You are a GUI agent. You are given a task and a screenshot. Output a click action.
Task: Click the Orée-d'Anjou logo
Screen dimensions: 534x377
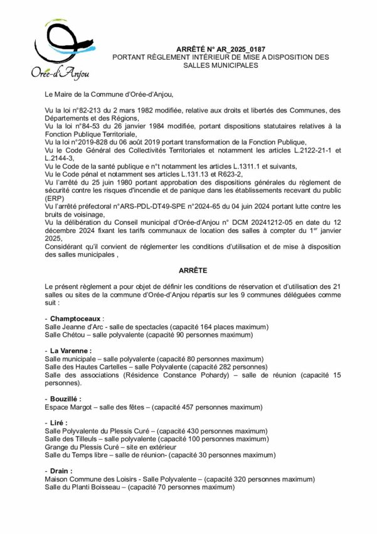[60, 51]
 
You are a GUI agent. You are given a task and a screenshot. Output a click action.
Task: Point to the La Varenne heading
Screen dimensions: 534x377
[70, 350]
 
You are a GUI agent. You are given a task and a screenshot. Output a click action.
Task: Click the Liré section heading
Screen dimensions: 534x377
[61, 422]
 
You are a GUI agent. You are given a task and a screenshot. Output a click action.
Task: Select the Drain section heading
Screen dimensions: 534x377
[63, 470]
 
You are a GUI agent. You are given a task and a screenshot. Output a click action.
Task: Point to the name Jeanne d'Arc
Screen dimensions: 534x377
[83, 327]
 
